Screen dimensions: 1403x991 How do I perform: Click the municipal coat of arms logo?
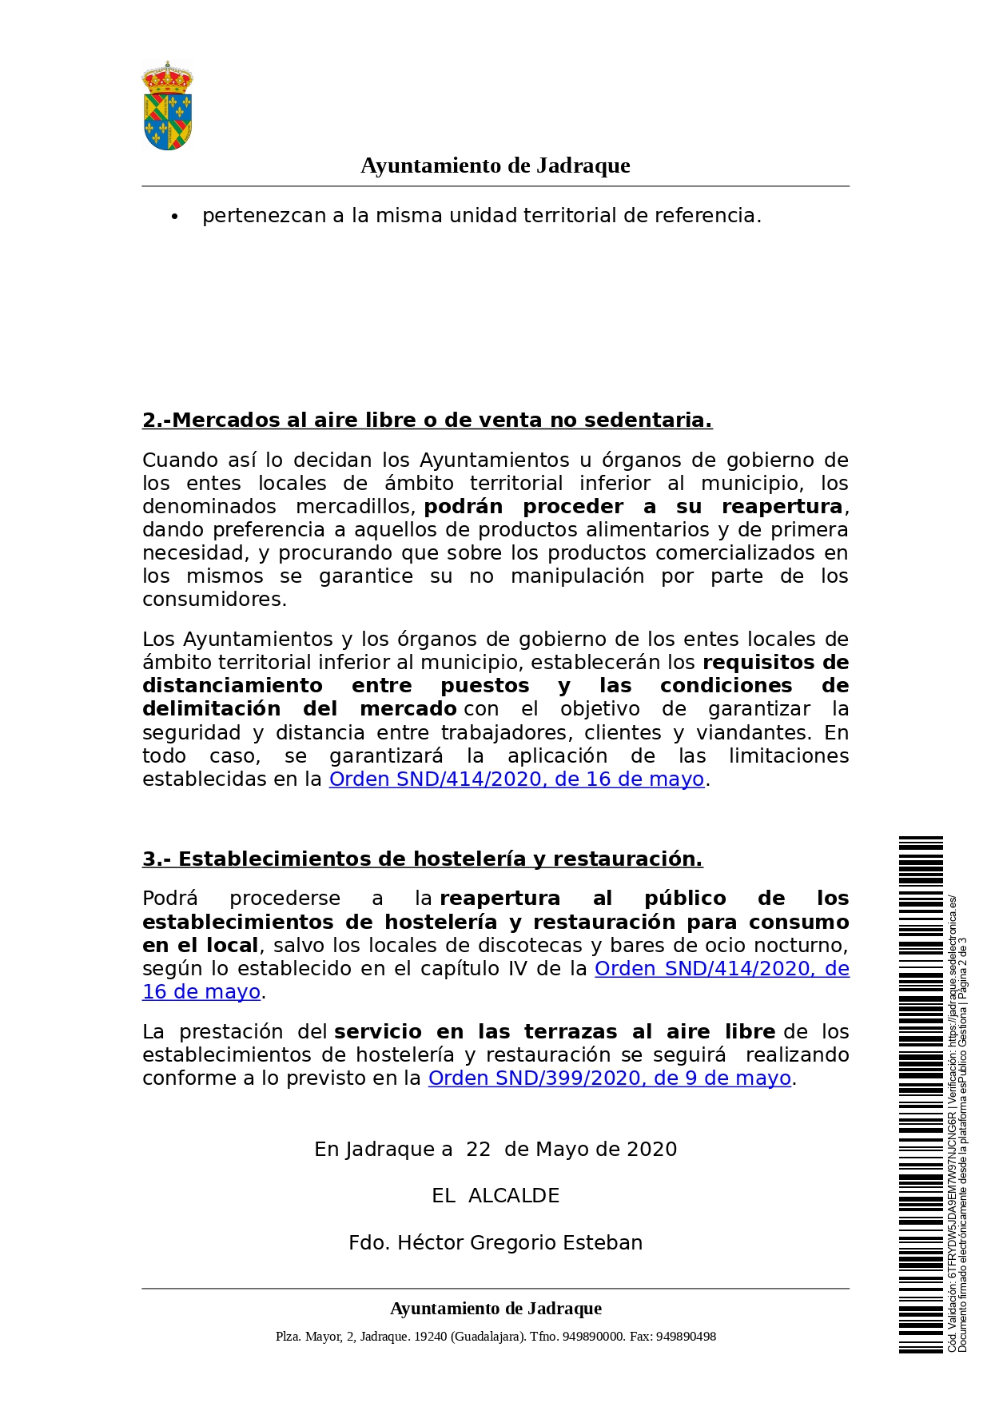(167, 106)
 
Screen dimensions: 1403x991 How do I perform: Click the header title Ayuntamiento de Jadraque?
(495, 165)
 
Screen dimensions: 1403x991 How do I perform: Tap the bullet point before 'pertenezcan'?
(174, 217)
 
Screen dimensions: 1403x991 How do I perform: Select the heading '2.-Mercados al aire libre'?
(427, 421)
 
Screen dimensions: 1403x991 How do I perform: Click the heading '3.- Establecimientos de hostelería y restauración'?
(422, 859)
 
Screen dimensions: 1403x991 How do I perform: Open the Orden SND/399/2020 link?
(609, 1078)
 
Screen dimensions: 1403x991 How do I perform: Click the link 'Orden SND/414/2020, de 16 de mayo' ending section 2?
(516, 779)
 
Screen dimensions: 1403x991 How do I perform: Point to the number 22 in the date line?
(478, 1150)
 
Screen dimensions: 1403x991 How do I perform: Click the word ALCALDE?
(514, 1196)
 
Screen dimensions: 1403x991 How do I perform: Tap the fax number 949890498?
(686, 1337)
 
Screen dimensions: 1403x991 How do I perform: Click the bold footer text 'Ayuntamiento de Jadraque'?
(495, 1309)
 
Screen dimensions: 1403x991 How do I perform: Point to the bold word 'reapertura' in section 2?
(782, 507)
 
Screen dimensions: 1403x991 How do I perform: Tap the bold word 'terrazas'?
(571, 1032)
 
